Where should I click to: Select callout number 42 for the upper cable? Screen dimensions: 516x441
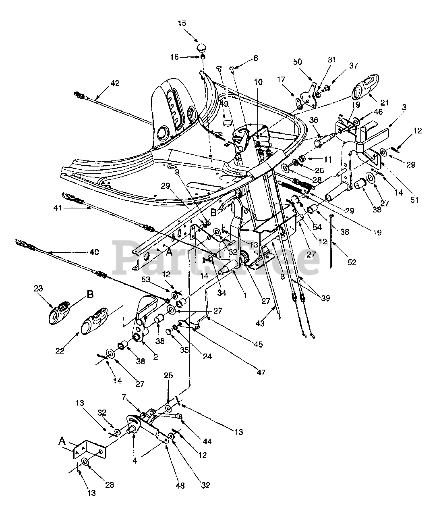pos(115,83)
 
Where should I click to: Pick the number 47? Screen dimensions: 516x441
pos(261,372)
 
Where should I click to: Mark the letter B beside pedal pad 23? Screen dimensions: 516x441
pos(90,294)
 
